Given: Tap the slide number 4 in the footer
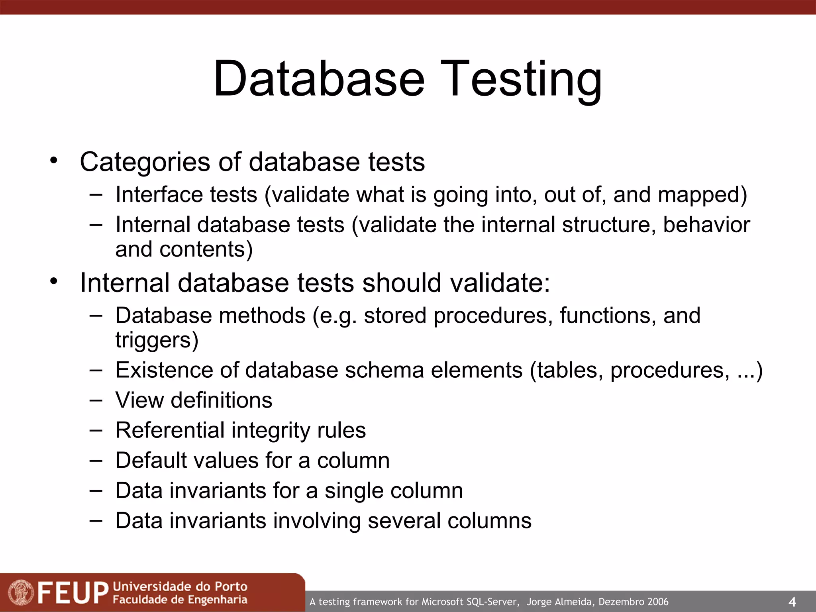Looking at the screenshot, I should tap(792, 602).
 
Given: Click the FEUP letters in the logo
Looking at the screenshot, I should tap(73, 593).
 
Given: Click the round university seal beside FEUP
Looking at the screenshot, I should tap(21, 592).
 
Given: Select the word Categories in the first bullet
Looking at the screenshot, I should tap(145, 162).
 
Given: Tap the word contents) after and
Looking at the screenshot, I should tap(206, 250).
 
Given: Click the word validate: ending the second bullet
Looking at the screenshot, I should tap(500, 283).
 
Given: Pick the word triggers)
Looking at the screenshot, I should tap(157, 341).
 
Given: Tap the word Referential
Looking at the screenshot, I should tap(170, 430).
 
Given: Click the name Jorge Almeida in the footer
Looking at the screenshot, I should tap(559, 602).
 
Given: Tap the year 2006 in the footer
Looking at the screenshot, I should tap(657, 602).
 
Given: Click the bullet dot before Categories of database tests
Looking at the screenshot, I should tap(54, 161).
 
